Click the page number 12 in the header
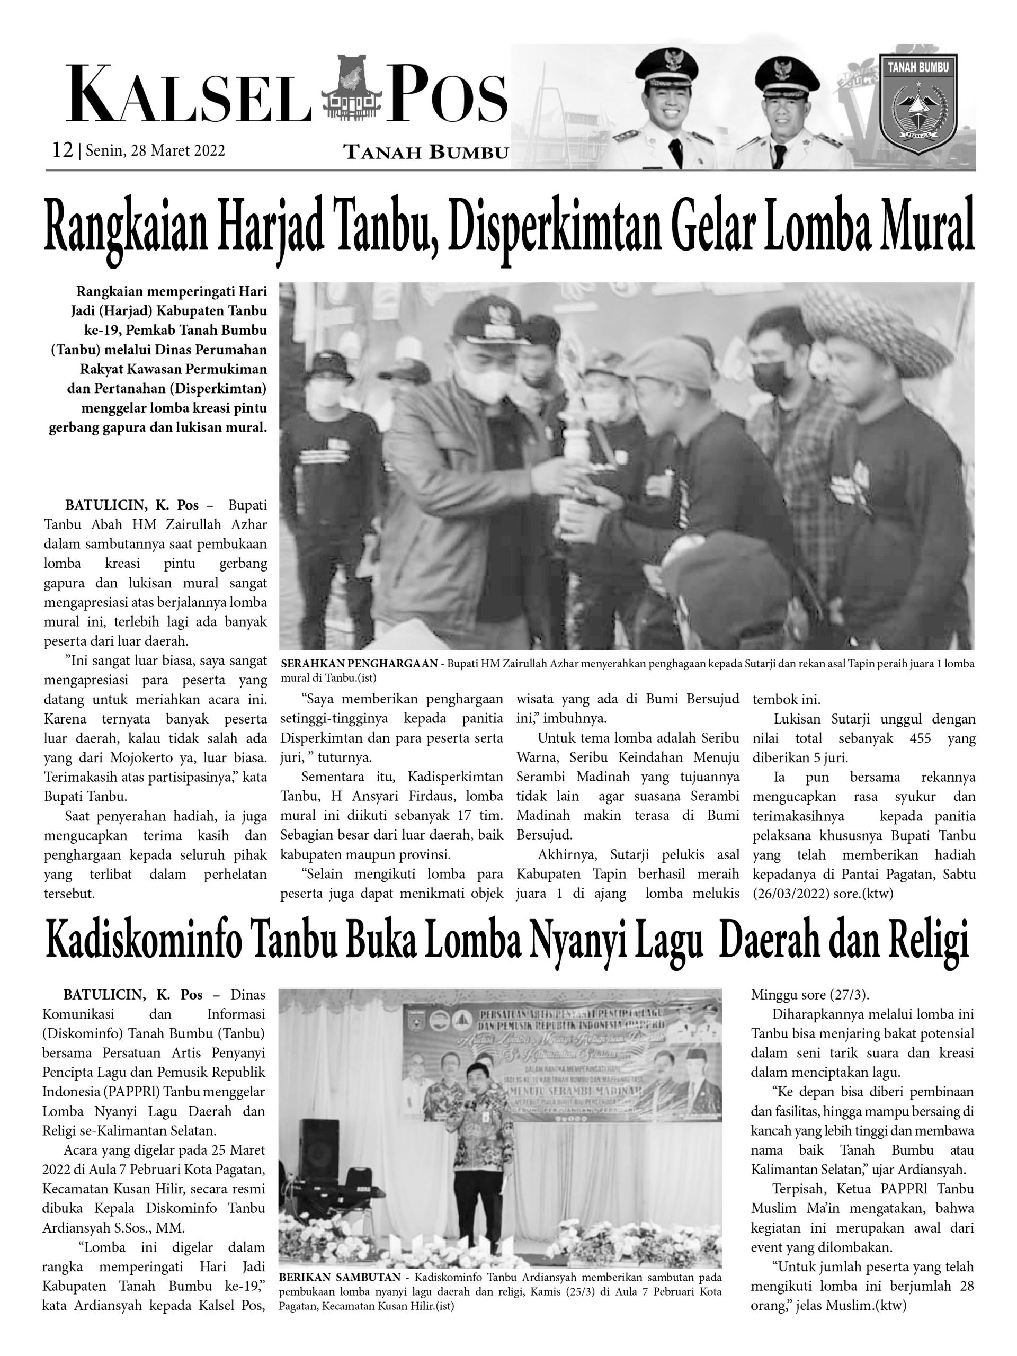pyautogui.click(x=63, y=150)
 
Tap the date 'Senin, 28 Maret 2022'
pyautogui.click(x=156, y=151)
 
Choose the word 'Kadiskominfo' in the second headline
pyautogui.click(x=144, y=943)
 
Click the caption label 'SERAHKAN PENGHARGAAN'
pyautogui.click(x=359, y=664)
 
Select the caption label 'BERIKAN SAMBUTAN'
pyautogui.click(x=344, y=1261)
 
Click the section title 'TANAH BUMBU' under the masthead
pyautogui.click(x=426, y=153)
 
